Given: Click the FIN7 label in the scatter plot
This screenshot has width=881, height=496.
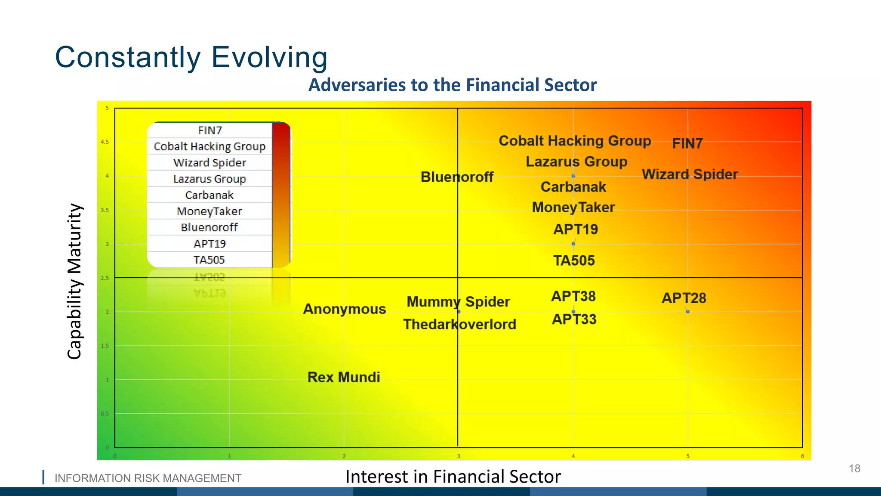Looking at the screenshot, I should click(x=687, y=143).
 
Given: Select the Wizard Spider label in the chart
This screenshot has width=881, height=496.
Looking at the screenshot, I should click(x=690, y=174).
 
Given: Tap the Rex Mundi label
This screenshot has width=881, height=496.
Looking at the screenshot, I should click(x=344, y=377).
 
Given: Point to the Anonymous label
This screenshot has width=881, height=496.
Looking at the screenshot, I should click(x=345, y=309).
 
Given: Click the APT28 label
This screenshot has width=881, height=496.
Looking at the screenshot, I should click(x=684, y=298).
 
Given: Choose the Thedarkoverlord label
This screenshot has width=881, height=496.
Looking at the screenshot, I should click(x=459, y=324).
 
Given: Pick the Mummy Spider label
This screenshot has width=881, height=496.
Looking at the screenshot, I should click(x=458, y=302).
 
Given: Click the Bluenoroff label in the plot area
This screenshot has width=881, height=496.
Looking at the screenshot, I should click(x=457, y=177).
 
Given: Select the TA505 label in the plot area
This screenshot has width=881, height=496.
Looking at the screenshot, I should click(x=574, y=260).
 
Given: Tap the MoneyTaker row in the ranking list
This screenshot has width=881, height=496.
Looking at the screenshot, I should click(x=209, y=211).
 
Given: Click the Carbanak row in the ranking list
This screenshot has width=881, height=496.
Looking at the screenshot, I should click(x=209, y=195).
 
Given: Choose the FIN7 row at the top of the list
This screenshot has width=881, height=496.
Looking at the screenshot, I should click(x=209, y=130).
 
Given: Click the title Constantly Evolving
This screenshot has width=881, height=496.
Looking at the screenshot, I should click(x=191, y=57).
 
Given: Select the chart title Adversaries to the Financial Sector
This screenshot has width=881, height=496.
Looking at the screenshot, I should click(x=453, y=85).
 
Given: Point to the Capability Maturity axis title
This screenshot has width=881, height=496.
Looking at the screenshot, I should click(x=74, y=281).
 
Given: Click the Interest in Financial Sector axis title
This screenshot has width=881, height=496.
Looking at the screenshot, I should click(x=453, y=477).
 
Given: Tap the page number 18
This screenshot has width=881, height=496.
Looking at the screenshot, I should click(x=854, y=468).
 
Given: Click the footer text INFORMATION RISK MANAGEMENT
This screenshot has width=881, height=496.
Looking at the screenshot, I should click(x=148, y=478).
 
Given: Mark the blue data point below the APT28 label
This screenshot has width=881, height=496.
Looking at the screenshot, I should click(x=688, y=312).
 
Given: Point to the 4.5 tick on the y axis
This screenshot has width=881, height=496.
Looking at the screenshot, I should click(x=105, y=142).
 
